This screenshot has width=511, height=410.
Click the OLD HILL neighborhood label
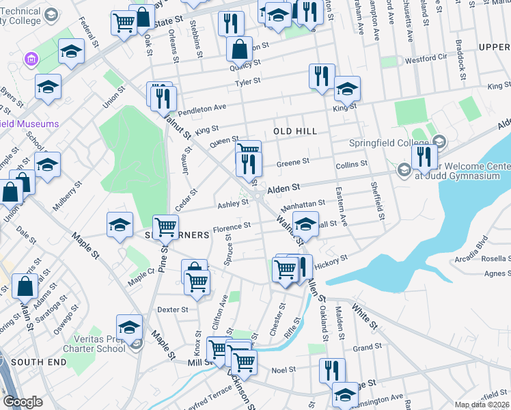click(295, 131)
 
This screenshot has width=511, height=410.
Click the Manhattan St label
click(303, 204)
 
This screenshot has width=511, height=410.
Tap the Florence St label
click(232, 228)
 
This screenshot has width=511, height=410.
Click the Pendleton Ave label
click(202, 108)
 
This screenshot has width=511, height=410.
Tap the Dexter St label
click(172, 310)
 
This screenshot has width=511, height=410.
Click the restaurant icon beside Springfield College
click(424, 156)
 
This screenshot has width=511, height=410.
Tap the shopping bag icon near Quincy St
click(240, 49)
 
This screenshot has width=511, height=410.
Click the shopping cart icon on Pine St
click(165, 226)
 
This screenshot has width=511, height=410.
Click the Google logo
click(23, 402)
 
